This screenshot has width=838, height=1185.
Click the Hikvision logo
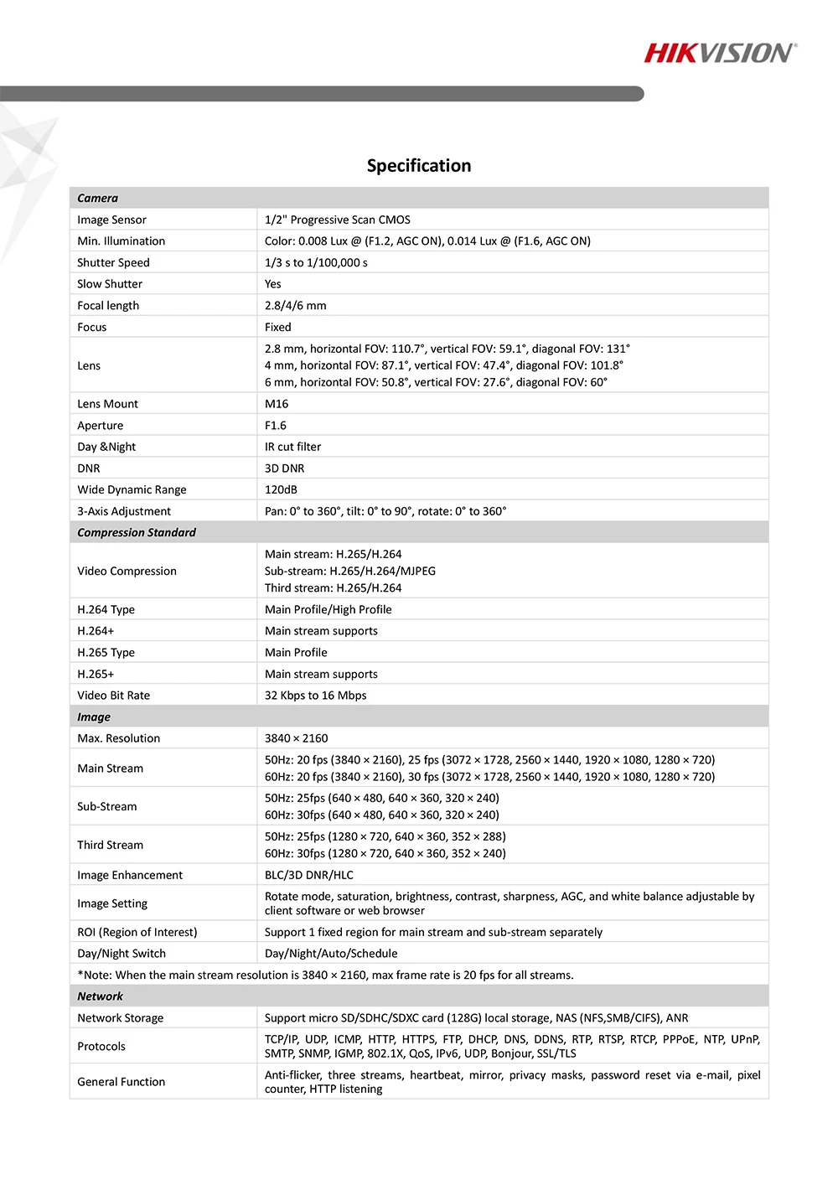pos(720,54)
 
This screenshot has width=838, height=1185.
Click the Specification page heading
pos(419,166)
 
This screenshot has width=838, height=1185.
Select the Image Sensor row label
pos(111,220)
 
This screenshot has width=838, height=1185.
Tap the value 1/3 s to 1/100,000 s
pos(316,262)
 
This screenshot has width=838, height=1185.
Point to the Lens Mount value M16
pos(277,404)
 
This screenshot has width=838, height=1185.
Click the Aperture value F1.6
pos(275,426)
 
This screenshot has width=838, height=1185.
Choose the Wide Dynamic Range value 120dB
pos(281,489)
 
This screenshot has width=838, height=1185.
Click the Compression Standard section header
pos(137,532)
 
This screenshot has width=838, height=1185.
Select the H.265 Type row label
pos(106,652)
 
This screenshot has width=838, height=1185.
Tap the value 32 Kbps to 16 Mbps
pos(315,695)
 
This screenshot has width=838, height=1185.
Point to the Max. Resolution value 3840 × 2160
pos(296,738)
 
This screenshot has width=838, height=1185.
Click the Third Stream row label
pos(110,845)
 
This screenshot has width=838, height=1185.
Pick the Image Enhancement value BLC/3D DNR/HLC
pos(308,875)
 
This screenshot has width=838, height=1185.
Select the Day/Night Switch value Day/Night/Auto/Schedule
pos(331,954)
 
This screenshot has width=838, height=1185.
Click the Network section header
pos(100,996)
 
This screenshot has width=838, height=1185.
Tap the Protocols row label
pos(101,1047)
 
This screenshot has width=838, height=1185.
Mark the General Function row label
pos(121,1082)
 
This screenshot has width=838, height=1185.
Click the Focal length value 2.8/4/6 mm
pos(295,306)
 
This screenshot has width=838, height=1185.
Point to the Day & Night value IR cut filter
pos(292,447)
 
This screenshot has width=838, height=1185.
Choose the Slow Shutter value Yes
pos(273,284)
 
